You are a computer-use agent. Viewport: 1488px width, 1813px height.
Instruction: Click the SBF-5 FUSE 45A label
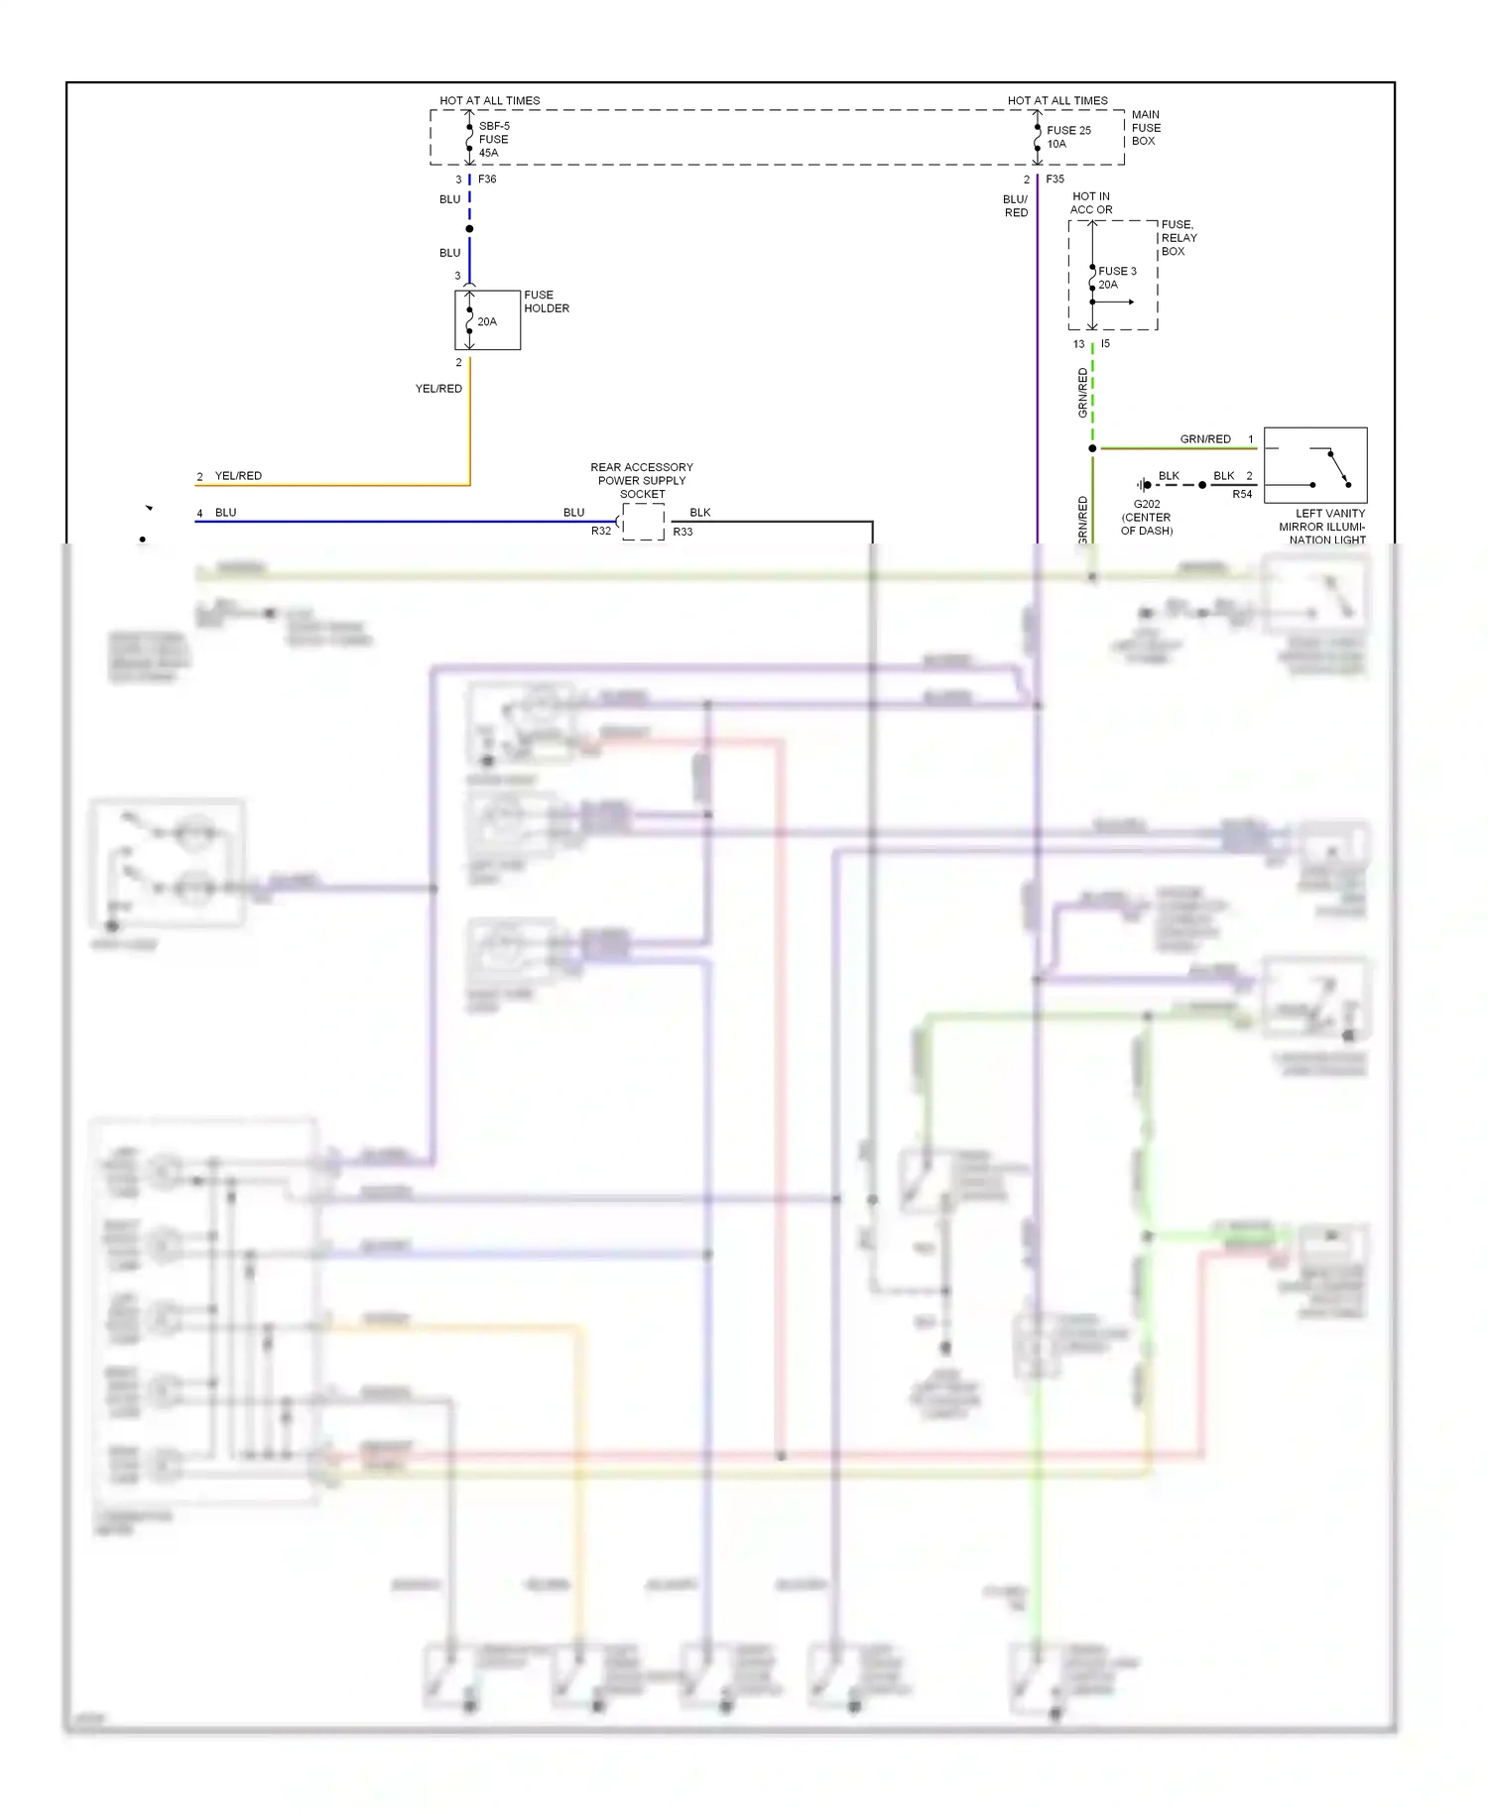pyautogui.click(x=493, y=139)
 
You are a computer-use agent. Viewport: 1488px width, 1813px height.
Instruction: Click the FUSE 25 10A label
pyautogui.click(x=1067, y=137)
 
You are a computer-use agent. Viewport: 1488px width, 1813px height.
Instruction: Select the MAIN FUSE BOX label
pyautogui.click(x=1146, y=128)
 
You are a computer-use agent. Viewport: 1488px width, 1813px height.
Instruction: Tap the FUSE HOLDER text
pyautogui.click(x=546, y=302)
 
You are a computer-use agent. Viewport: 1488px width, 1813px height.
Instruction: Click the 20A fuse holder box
pyautogui.click(x=487, y=320)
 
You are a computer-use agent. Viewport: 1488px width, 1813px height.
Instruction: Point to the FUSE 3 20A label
pyautogui.click(x=1116, y=278)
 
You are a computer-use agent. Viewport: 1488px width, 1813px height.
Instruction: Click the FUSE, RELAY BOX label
pyautogui.click(x=1178, y=238)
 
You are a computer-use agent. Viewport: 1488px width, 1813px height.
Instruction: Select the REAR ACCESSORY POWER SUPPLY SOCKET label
pyautogui.click(x=642, y=480)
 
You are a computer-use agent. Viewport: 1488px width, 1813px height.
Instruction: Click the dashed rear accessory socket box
pyautogui.click(x=643, y=522)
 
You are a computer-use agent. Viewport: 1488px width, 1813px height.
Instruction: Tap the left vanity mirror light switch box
pyautogui.click(x=1314, y=465)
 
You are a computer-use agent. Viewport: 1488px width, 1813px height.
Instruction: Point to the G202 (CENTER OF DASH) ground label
pyautogui.click(x=1146, y=517)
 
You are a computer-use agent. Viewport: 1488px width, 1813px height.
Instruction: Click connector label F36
pyautogui.click(x=487, y=180)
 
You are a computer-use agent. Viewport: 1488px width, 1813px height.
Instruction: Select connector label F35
pyautogui.click(x=1054, y=180)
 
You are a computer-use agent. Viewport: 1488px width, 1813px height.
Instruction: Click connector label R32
pyautogui.click(x=601, y=532)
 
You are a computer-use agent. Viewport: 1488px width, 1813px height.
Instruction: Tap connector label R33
pyautogui.click(x=682, y=533)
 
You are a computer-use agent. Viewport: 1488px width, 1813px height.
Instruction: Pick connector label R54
pyautogui.click(x=1241, y=494)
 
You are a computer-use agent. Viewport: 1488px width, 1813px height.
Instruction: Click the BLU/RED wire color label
pyautogui.click(x=1015, y=205)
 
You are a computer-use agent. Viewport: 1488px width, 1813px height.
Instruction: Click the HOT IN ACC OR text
pyautogui.click(x=1090, y=203)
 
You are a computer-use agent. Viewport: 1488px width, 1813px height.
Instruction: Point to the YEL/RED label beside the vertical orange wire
pyautogui.click(x=438, y=389)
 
